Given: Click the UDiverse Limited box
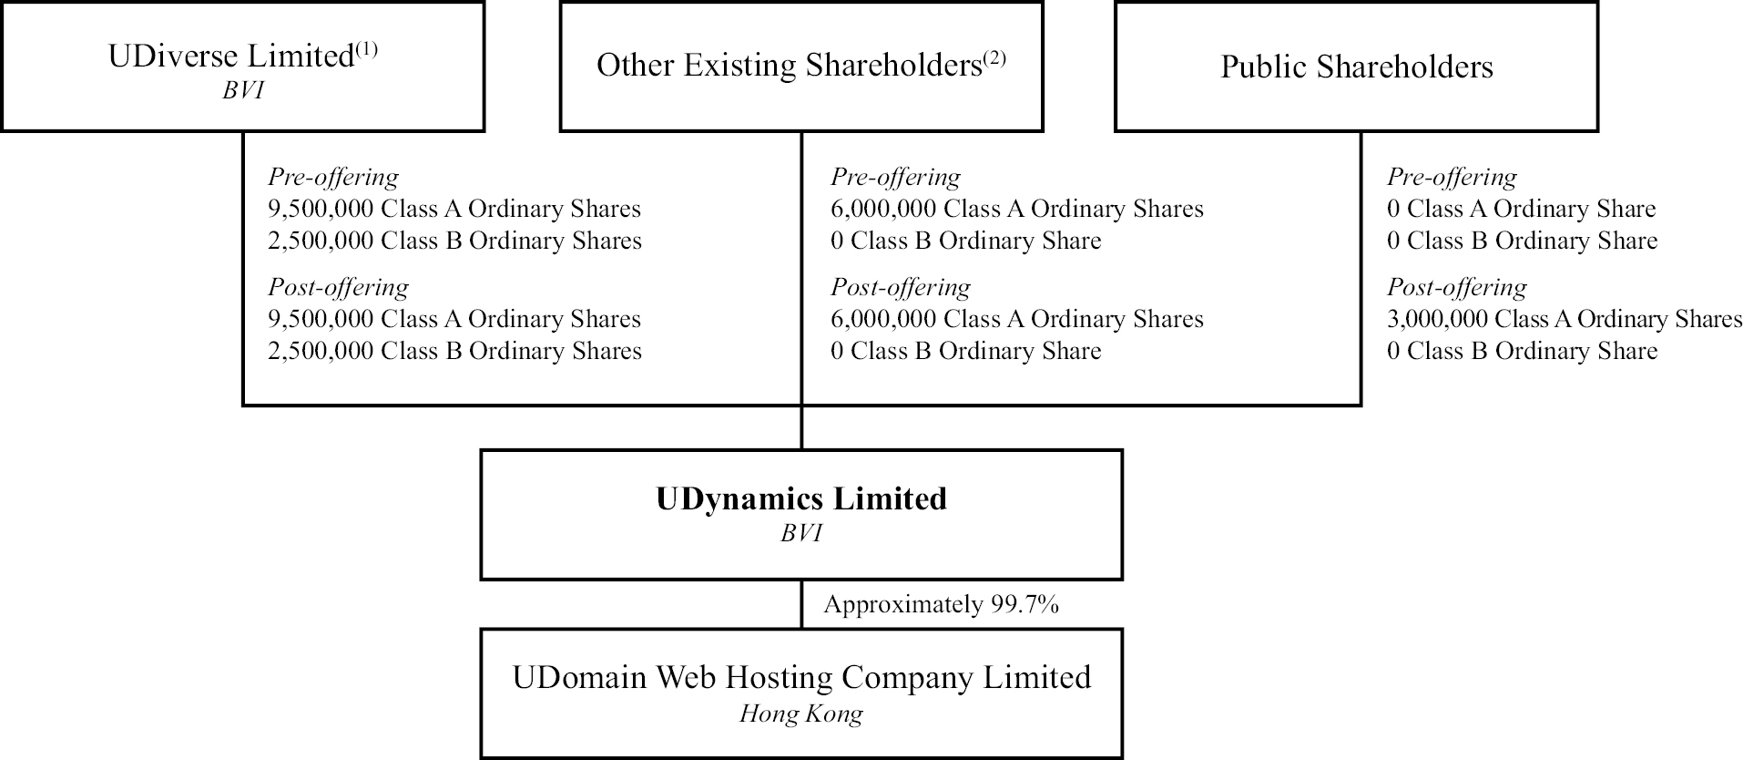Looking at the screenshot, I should [242, 67].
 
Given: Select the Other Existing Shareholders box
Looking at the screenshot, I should [800, 67].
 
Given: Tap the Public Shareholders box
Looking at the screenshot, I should [1356, 67].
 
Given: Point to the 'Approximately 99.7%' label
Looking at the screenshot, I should [941, 604].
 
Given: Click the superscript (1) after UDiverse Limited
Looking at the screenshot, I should [366, 49].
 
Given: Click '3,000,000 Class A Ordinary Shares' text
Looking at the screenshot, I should [1564, 319].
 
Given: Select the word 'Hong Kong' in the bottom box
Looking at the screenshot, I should [801, 714].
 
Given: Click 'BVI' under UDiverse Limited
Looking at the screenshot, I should [242, 91].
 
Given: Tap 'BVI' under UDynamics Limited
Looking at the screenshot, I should [801, 533].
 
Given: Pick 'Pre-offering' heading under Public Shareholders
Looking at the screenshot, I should [1452, 177].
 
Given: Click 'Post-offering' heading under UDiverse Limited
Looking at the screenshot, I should [338, 287].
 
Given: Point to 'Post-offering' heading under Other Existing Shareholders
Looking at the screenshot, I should [900, 287].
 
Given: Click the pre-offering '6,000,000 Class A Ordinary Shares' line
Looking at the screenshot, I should [1016, 209].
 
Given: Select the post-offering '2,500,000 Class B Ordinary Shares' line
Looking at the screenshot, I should [454, 351].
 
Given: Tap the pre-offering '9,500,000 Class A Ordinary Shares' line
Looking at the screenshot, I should [454, 209].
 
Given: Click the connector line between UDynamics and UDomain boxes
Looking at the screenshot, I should [801, 604].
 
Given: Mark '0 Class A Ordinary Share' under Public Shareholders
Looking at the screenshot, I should [1521, 209].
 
